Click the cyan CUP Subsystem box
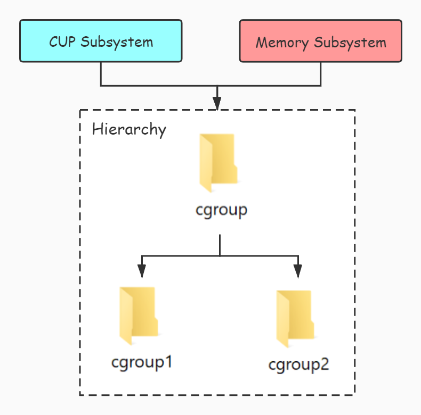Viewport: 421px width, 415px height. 101,41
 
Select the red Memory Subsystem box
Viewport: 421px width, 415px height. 320,41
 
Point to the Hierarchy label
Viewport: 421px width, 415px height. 129,129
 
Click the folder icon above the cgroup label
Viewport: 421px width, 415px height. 218,163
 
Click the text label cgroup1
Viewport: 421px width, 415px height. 142,363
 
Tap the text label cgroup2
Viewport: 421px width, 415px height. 299,365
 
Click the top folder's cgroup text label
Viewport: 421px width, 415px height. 221,210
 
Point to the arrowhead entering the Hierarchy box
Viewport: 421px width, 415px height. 217,103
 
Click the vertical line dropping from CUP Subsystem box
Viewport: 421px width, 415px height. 101,73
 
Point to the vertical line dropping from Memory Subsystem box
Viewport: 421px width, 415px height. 321,73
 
